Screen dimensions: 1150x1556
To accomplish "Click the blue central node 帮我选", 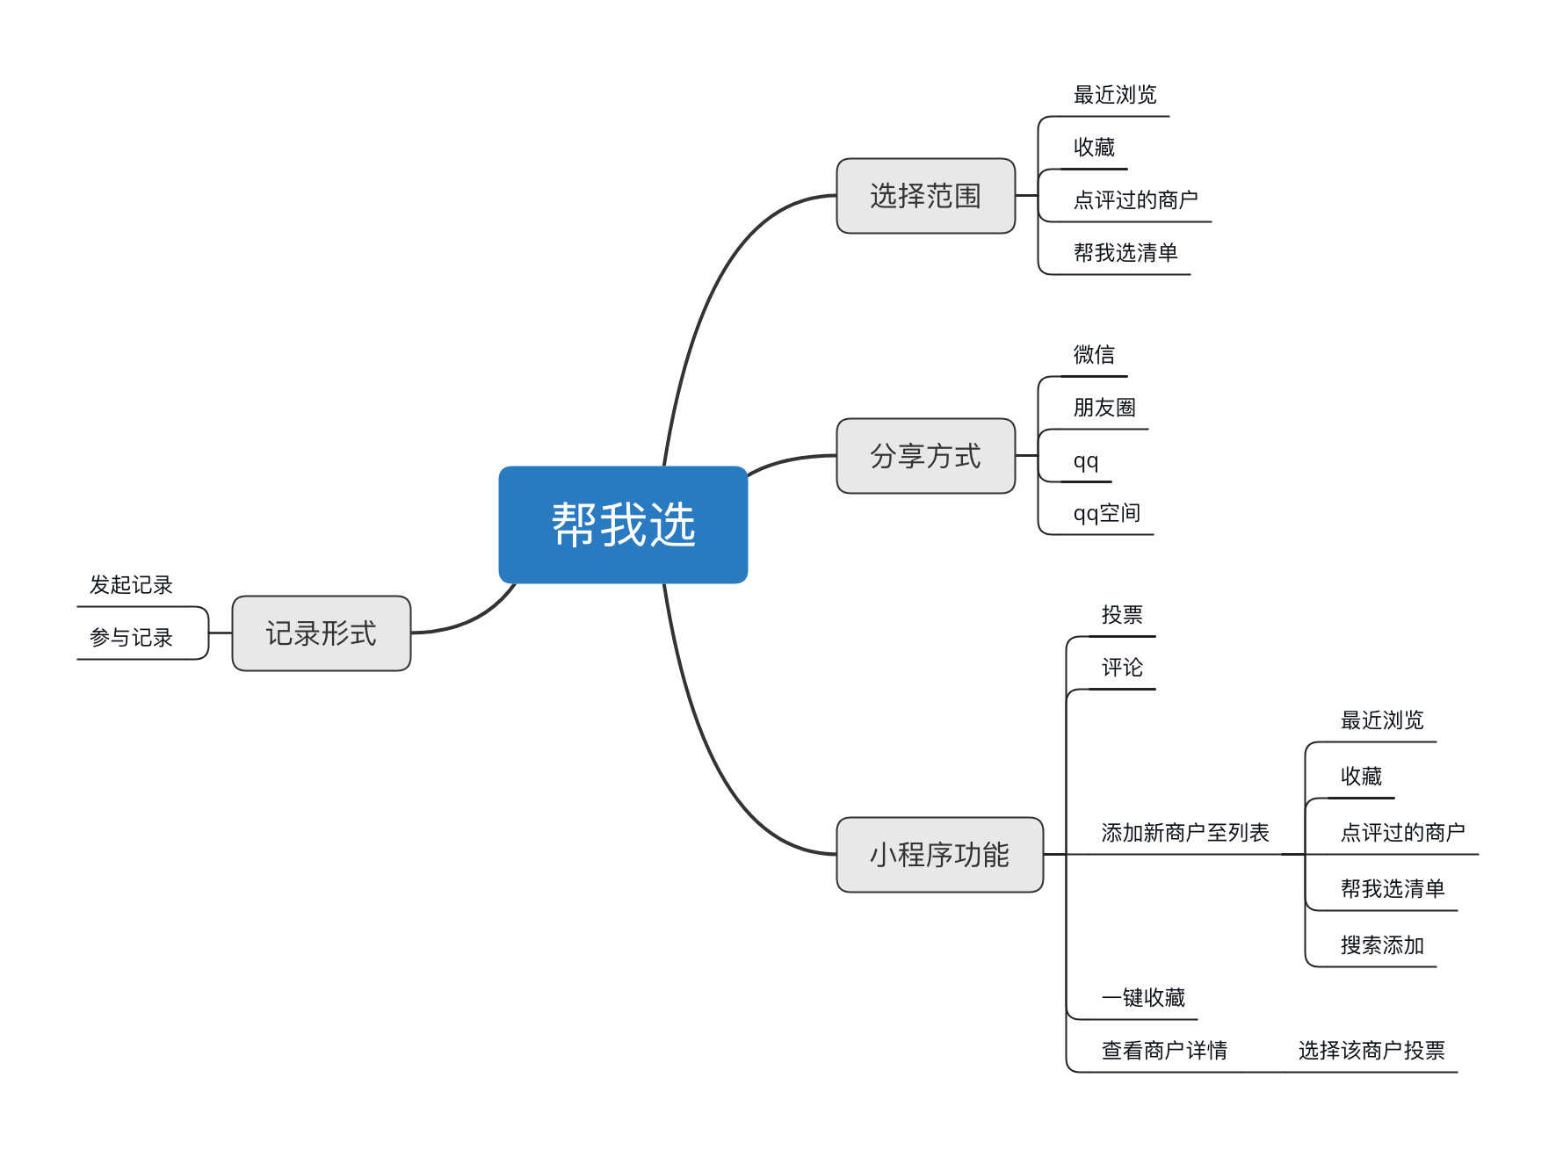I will (623, 524).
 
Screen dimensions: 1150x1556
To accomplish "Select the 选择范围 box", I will (925, 196).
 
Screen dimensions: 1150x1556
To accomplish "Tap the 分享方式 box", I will (925, 456).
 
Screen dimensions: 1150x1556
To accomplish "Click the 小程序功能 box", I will (939, 855).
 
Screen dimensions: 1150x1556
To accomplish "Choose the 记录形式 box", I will (321, 633).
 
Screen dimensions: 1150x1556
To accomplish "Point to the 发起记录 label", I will (131, 585).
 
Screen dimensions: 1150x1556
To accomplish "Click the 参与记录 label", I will (131, 638).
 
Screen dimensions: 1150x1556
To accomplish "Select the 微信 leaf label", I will (1094, 355).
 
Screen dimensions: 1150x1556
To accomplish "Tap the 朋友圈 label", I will (1104, 408).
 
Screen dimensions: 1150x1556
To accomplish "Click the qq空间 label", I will (1106, 513).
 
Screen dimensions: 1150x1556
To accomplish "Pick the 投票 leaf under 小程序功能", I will (1122, 615).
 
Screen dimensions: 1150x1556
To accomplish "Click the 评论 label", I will (1122, 668).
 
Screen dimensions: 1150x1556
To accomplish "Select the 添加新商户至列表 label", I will (1184, 833).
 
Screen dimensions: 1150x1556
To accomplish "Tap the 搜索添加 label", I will (1381, 945).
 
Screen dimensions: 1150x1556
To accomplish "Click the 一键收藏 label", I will (1143, 998).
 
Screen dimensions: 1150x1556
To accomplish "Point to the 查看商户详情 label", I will (1164, 1051).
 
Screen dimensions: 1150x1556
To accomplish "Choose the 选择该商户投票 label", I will (1371, 1051).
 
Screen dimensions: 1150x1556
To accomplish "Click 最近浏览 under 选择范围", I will (1115, 95).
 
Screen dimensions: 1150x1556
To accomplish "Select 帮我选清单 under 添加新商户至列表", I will (1392, 889).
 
